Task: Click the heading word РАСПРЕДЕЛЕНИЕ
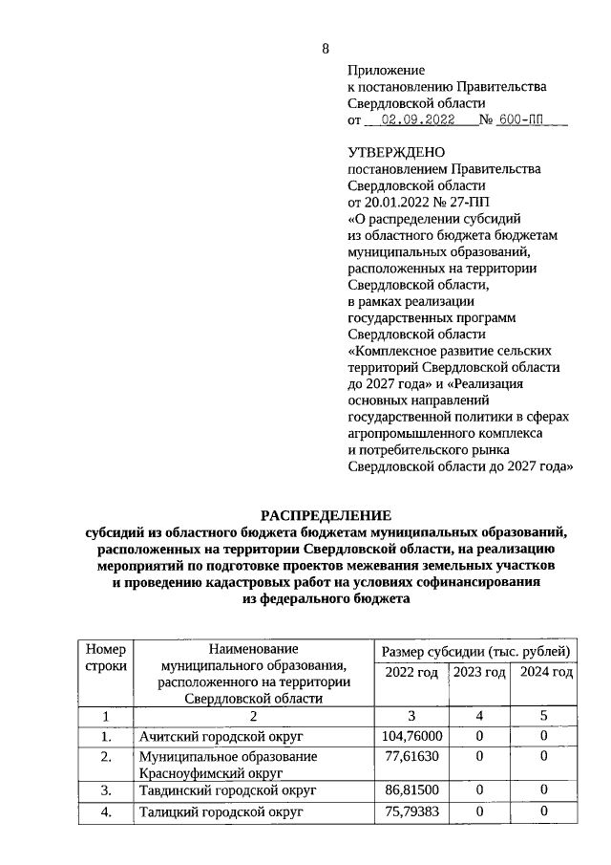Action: tap(327, 515)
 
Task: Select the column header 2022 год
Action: tap(411, 673)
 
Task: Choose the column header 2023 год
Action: tap(479, 673)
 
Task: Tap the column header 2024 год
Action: tap(546, 673)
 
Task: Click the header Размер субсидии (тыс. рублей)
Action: tap(476, 651)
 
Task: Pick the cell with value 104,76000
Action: tap(411, 736)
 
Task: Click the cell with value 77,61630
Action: tap(411, 756)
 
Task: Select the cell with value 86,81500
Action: tap(411, 791)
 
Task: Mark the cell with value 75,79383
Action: tap(411, 811)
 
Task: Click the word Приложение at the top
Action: tap(386, 71)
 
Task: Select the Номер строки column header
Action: tap(106, 658)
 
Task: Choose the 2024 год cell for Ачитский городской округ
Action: tap(544, 736)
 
